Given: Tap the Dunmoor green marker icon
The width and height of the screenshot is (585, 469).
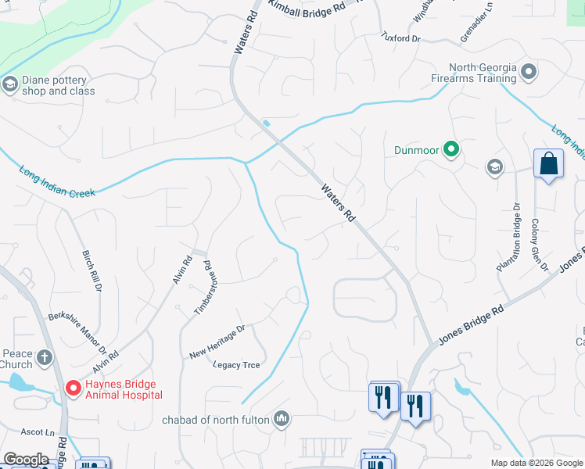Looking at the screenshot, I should click(x=450, y=149).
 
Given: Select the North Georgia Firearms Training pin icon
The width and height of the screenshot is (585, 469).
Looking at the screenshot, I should click(x=529, y=72).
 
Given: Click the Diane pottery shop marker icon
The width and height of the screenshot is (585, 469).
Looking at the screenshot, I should click(x=10, y=84).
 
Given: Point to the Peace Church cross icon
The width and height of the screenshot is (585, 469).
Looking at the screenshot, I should click(x=45, y=358).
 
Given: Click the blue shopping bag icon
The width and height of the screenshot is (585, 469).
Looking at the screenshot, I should click(x=548, y=164).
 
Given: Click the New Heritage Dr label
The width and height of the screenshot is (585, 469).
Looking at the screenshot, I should click(x=217, y=342).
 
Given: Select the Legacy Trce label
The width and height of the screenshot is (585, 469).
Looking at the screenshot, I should click(x=236, y=364).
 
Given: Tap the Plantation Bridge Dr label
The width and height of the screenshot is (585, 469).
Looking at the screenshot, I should click(x=507, y=237).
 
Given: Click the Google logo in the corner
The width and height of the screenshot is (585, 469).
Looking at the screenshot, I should click(x=26, y=460).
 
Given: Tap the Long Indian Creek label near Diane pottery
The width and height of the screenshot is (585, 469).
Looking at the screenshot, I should click(x=57, y=181).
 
